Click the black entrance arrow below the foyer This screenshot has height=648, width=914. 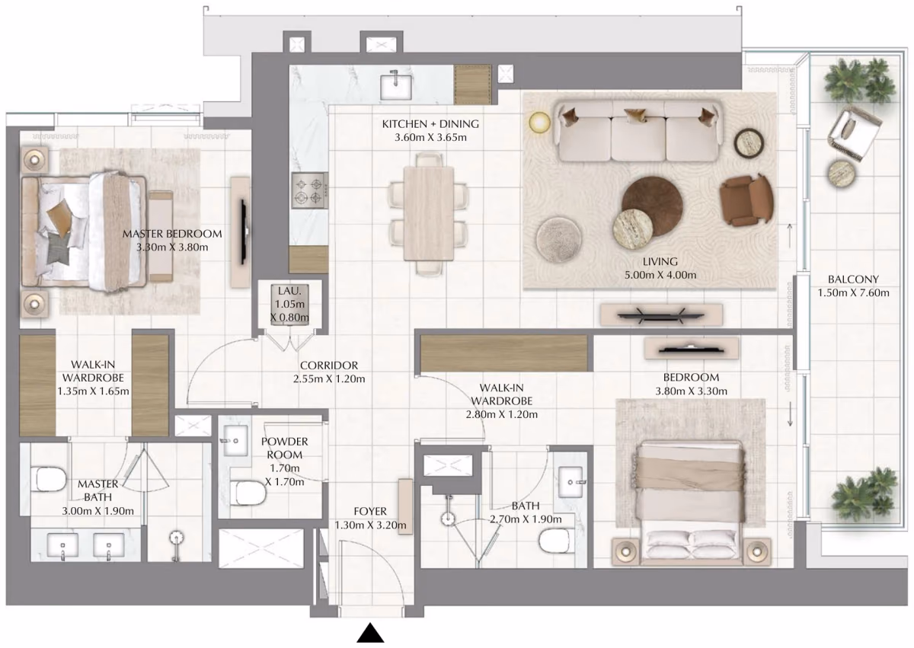(370, 633)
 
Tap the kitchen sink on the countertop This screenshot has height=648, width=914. (396, 85)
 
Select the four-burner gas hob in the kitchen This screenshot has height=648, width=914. (310, 190)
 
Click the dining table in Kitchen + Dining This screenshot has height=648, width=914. (428, 213)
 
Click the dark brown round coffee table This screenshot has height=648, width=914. (652, 206)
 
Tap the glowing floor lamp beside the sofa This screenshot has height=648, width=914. (539, 123)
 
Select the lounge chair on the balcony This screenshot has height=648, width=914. (855, 133)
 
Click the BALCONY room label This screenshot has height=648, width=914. (853, 279)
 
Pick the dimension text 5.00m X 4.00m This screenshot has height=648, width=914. (660, 275)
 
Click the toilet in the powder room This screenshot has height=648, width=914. (249, 494)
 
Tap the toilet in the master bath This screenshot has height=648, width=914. (50, 479)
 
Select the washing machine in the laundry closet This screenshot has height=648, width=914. (289, 305)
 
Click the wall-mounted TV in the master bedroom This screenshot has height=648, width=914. (244, 231)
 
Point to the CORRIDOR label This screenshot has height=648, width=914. (329, 365)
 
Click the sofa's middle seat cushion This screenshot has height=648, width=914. (638, 139)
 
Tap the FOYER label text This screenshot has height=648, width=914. (370, 511)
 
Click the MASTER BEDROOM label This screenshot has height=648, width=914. (172, 234)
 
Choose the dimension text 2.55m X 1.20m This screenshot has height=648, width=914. (329, 379)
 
